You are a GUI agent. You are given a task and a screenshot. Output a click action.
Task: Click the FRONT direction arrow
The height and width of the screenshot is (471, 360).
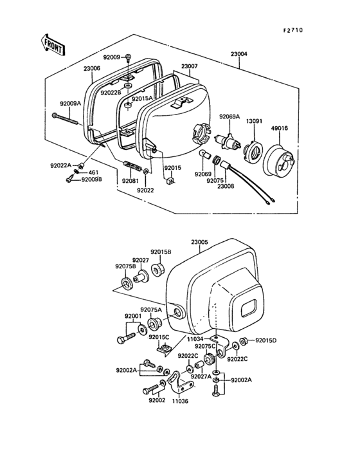[x=52, y=44]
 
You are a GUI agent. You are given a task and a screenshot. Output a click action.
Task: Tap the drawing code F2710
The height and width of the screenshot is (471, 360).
[x=292, y=30]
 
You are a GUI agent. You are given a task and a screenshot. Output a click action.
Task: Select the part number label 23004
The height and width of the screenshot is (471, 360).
[x=239, y=54]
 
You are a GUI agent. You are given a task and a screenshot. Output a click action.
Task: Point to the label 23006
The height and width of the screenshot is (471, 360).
[x=92, y=68]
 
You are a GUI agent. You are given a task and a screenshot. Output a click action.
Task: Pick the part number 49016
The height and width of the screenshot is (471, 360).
[x=279, y=128]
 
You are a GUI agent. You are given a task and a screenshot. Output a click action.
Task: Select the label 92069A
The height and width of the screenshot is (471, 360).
[x=230, y=116]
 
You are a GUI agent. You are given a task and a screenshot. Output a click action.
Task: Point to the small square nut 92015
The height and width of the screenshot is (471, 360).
[x=170, y=181]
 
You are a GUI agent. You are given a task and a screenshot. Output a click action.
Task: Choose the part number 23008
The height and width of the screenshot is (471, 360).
[x=226, y=186]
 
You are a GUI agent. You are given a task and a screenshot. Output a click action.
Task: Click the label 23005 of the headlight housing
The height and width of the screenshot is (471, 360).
[x=199, y=242]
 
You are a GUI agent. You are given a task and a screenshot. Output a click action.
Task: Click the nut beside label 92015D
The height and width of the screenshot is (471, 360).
[x=244, y=341]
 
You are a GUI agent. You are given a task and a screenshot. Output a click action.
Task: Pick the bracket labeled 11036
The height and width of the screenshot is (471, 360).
[x=180, y=382]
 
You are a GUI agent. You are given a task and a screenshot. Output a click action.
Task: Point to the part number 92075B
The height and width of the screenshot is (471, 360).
[x=125, y=266]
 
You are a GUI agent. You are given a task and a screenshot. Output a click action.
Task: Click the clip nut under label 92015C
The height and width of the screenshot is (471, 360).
[x=165, y=350]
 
